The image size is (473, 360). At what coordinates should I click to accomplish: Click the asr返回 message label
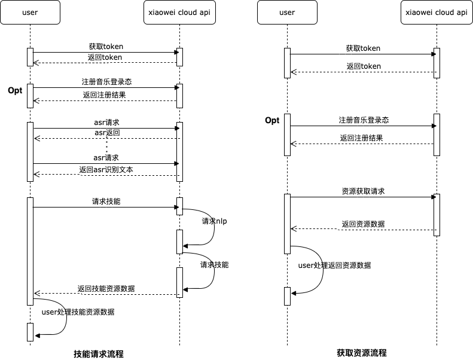(x=107, y=132)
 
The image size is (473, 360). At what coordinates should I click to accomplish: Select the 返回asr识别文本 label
(x=106, y=170)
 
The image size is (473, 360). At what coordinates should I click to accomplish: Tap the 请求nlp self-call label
(x=215, y=221)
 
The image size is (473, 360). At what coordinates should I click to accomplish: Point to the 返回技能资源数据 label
(x=106, y=289)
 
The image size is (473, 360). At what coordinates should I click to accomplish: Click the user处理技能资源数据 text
(x=78, y=312)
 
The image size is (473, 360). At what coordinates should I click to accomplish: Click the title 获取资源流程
(x=362, y=353)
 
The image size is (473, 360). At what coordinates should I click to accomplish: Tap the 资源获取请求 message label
(x=363, y=191)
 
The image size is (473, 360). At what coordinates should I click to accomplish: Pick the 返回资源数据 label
(x=363, y=224)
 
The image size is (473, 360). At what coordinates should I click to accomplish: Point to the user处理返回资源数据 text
(x=338, y=265)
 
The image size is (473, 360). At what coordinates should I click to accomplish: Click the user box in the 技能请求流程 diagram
(x=30, y=13)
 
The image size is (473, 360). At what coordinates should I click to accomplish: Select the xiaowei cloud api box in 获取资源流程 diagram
(x=436, y=13)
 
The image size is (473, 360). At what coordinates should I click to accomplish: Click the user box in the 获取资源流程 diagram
(x=287, y=13)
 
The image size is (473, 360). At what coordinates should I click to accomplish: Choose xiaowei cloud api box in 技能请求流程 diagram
(x=179, y=13)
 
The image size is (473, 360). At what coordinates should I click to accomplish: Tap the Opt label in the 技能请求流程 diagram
(x=15, y=91)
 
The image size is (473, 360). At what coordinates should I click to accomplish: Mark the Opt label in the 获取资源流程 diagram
(x=272, y=121)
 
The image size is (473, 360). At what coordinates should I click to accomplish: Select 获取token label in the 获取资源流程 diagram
(x=363, y=48)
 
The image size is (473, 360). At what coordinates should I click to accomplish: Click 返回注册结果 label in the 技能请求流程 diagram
(x=105, y=95)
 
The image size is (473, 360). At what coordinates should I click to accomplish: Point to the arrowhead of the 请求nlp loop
(x=185, y=245)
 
